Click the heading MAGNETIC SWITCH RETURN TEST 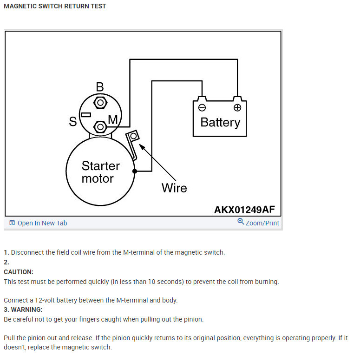point(55,7)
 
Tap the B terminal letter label point(100,87)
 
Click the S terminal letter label point(73,122)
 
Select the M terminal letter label point(113,120)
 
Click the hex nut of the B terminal point(100,102)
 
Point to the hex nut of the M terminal point(100,126)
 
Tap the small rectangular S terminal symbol point(86,114)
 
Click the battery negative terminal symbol point(202,108)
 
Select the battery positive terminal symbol point(237,108)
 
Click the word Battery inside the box point(220,122)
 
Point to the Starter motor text point(100,172)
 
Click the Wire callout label point(174,188)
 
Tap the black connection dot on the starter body point(135,171)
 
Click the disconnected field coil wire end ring point(133,136)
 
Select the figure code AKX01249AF point(244,210)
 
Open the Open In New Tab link point(42,223)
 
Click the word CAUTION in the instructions point(19,272)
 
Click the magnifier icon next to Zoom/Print point(241,222)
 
